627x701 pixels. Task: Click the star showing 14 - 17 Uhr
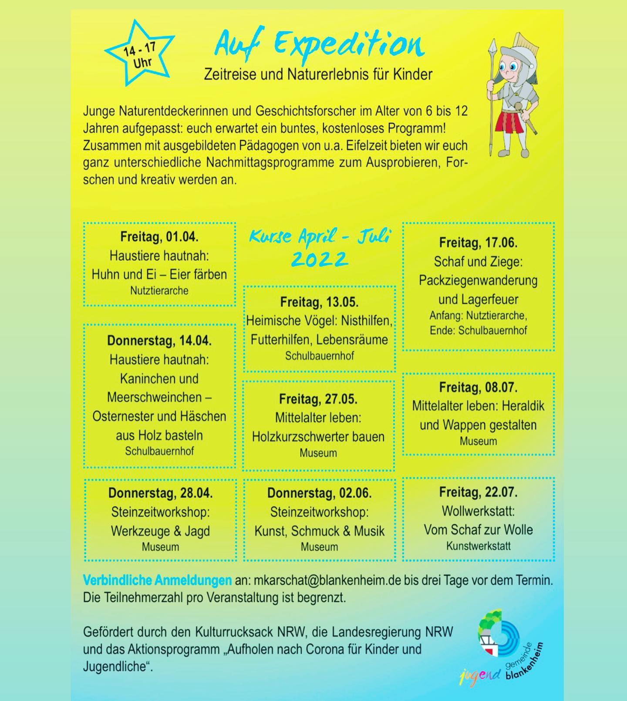point(139,54)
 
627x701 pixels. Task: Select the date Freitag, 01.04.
point(159,237)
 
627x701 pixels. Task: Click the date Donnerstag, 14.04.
point(159,340)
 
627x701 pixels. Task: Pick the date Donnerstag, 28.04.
point(160,493)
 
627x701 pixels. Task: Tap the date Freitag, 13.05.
point(319,302)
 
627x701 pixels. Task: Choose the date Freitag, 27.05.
point(318,399)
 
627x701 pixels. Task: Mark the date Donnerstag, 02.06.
point(319,493)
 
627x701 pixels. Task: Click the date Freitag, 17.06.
point(478,243)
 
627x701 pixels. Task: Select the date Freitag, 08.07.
point(478,387)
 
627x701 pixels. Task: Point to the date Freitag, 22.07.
point(478,492)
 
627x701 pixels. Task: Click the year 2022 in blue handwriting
point(319,260)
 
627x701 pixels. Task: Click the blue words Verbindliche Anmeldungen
point(157,580)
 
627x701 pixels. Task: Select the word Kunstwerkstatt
point(478,546)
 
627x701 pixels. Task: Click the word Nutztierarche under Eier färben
point(159,291)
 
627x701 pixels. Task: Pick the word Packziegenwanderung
point(478,280)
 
